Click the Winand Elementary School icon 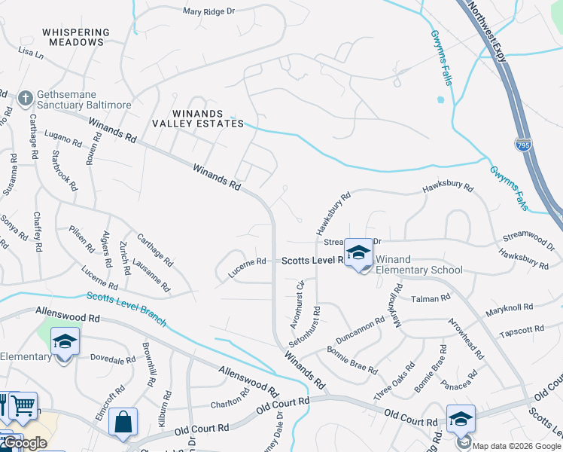click(x=358, y=252)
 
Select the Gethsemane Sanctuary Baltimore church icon click(x=25, y=98)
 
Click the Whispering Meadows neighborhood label click(x=76, y=38)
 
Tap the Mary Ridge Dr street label click(x=209, y=11)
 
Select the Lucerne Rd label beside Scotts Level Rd click(x=248, y=262)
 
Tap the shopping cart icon click(x=23, y=405)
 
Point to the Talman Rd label click(x=430, y=299)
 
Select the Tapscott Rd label click(x=521, y=330)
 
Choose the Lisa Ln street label click(x=31, y=53)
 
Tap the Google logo click(x=24, y=443)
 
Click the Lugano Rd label click(x=62, y=140)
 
